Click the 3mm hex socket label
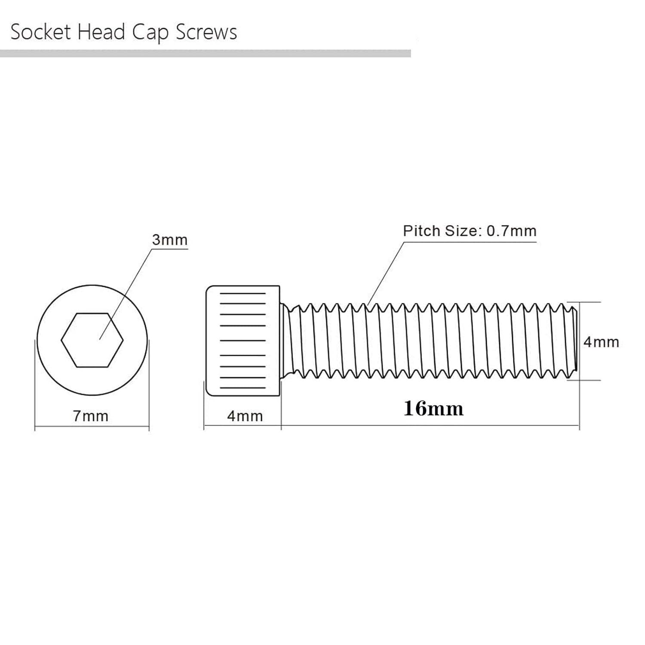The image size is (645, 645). coord(169,240)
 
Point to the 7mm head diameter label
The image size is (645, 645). coord(90,416)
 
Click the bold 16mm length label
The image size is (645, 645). coord(433,408)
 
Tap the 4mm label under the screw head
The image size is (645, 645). coord(245,416)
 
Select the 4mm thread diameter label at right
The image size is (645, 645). coord(601,342)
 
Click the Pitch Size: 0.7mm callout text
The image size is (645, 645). coord(470,231)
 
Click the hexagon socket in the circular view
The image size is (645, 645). coord(92,340)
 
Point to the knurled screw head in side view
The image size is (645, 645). coord(243,341)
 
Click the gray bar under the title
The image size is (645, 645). coord(205,54)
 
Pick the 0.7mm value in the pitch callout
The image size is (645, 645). coord(511,231)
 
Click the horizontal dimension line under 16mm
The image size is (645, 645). coord(430,426)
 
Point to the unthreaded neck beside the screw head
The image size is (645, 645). coord(285,341)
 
